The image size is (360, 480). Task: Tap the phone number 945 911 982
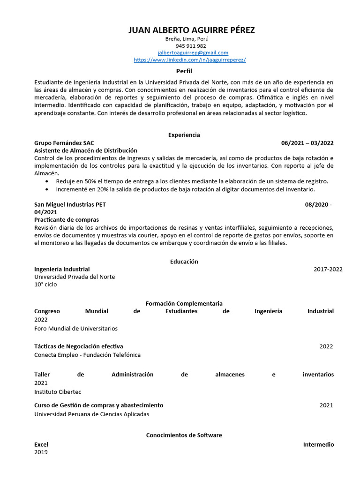[x=191, y=46]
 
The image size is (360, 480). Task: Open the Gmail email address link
[x=193, y=53]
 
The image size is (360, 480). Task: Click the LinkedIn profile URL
[x=190, y=60]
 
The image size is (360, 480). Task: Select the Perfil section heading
[x=184, y=71]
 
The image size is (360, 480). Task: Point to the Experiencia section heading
[x=184, y=135]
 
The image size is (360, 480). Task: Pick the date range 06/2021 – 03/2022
[x=307, y=143]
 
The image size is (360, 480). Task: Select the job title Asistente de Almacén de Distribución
[x=86, y=150]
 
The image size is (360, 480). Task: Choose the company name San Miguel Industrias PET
[x=73, y=205]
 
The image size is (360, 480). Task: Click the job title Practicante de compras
[x=67, y=220]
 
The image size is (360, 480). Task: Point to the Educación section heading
[x=184, y=262]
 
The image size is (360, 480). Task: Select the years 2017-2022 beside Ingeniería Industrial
[x=328, y=269]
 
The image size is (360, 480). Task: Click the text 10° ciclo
[x=45, y=285]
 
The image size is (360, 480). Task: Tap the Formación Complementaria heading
[x=184, y=304]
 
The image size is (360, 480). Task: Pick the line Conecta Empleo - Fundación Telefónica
[x=87, y=355]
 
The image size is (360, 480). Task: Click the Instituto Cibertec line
[x=58, y=392]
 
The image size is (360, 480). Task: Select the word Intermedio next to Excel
[x=318, y=444]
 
